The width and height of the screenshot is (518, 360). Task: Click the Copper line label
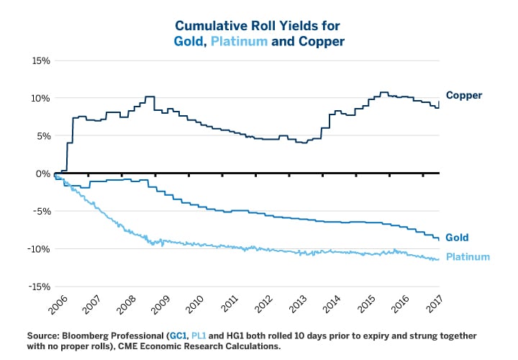(463, 95)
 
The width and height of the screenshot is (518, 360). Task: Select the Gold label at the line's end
(458, 238)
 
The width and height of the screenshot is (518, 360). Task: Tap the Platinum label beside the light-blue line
(468, 257)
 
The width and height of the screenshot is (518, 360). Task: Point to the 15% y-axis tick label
(40, 60)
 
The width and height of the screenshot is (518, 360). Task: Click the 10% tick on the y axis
(40, 98)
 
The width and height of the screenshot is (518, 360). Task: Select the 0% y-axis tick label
(43, 174)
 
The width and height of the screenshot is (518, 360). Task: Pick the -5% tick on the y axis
(40, 211)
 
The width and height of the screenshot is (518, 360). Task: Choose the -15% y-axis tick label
(37, 287)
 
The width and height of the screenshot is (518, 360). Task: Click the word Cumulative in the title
(204, 26)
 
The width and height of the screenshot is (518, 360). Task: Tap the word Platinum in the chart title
(242, 42)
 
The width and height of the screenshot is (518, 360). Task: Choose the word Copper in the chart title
(320, 42)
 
